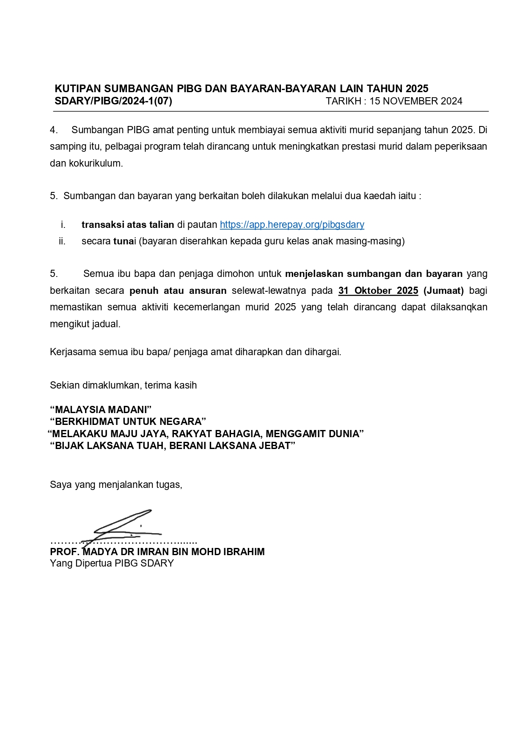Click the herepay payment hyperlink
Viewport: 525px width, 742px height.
[292, 225]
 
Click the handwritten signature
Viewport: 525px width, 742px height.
[123, 526]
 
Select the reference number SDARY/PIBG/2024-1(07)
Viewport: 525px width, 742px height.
[113, 101]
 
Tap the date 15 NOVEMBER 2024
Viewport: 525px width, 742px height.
[416, 101]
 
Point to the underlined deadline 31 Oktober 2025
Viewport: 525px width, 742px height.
[378, 291]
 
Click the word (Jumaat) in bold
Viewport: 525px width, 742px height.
[443, 291]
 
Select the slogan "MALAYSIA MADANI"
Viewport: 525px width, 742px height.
[101, 410]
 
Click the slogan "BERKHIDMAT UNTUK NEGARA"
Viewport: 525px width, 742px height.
[128, 422]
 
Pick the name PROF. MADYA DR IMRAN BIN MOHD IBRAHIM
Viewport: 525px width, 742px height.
[157, 552]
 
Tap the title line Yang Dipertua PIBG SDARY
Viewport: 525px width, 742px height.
[112, 563]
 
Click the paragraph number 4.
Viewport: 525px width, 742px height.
[53, 130]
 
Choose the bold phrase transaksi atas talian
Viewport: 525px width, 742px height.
[128, 225]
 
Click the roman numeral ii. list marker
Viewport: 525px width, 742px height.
[62, 241]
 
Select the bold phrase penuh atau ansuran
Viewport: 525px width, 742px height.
[178, 291]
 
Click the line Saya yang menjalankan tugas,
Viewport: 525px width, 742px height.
[116, 485]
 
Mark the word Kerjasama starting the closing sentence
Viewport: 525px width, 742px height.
[73, 352]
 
